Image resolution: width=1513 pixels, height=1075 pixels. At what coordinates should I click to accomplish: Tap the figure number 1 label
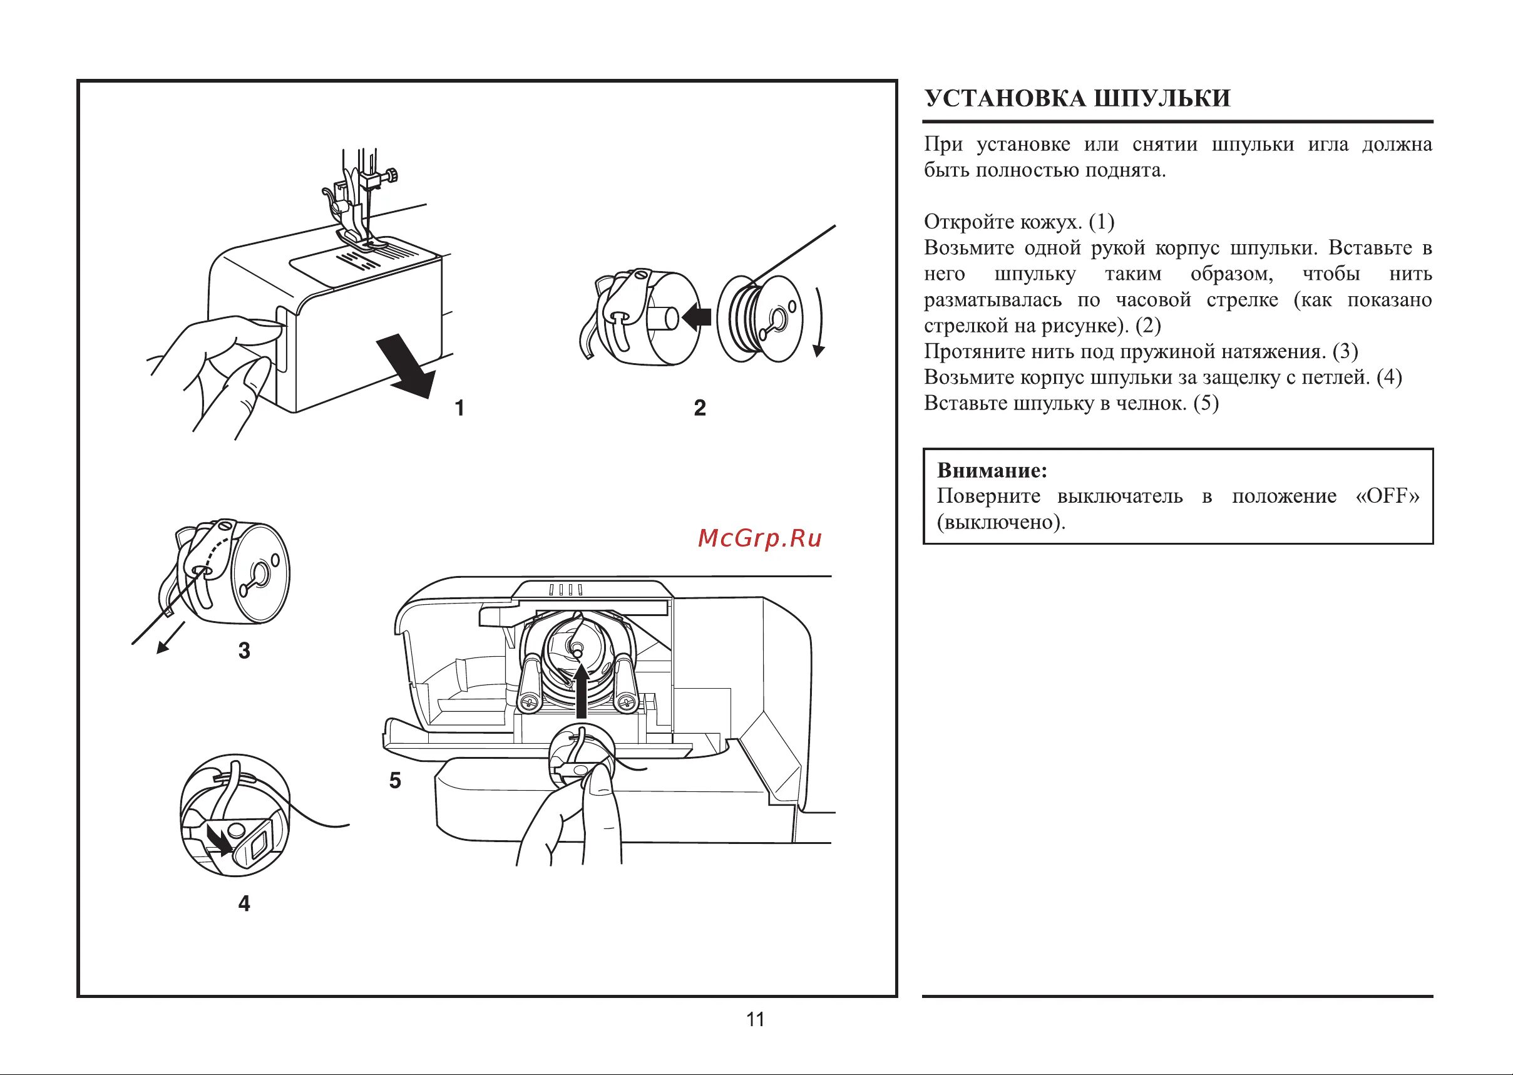point(459,408)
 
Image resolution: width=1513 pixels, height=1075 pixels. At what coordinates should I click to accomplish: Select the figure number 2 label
point(700,408)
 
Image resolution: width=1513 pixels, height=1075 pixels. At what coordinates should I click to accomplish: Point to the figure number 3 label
point(244,651)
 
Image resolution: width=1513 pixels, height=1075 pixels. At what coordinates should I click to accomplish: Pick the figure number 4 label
point(244,903)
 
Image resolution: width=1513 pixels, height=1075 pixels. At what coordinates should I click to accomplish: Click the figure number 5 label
point(395,781)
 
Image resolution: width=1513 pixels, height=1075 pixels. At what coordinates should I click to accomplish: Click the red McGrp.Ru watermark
point(760,539)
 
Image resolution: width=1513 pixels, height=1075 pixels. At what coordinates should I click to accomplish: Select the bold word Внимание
point(992,471)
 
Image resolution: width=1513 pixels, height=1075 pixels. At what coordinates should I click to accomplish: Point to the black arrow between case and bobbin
point(696,317)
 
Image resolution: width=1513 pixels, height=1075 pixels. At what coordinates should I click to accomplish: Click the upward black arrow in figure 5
point(581,691)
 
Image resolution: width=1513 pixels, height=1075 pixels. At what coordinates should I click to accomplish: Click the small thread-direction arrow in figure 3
point(170,638)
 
